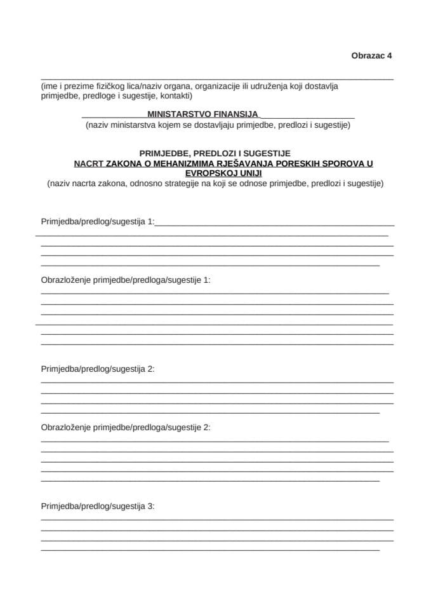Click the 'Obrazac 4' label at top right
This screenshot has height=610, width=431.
tap(371, 55)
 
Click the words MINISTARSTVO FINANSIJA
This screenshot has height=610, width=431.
tap(202, 114)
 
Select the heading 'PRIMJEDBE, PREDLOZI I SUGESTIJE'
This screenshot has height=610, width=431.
tap(215, 153)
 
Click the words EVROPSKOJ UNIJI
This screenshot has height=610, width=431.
tap(215, 173)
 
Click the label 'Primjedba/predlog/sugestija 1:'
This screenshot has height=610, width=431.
tap(97, 222)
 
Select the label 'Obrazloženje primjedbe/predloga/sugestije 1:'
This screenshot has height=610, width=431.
tap(125, 280)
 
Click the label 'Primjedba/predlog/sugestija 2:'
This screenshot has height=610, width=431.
tap(97, 369)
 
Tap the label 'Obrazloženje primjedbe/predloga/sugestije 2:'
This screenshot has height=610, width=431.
tap(125, 427)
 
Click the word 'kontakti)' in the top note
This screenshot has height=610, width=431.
tap(176, 96)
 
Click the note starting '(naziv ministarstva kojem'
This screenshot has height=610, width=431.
tap(218, 125)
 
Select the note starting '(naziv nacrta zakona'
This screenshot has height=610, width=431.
tap(215, 184)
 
